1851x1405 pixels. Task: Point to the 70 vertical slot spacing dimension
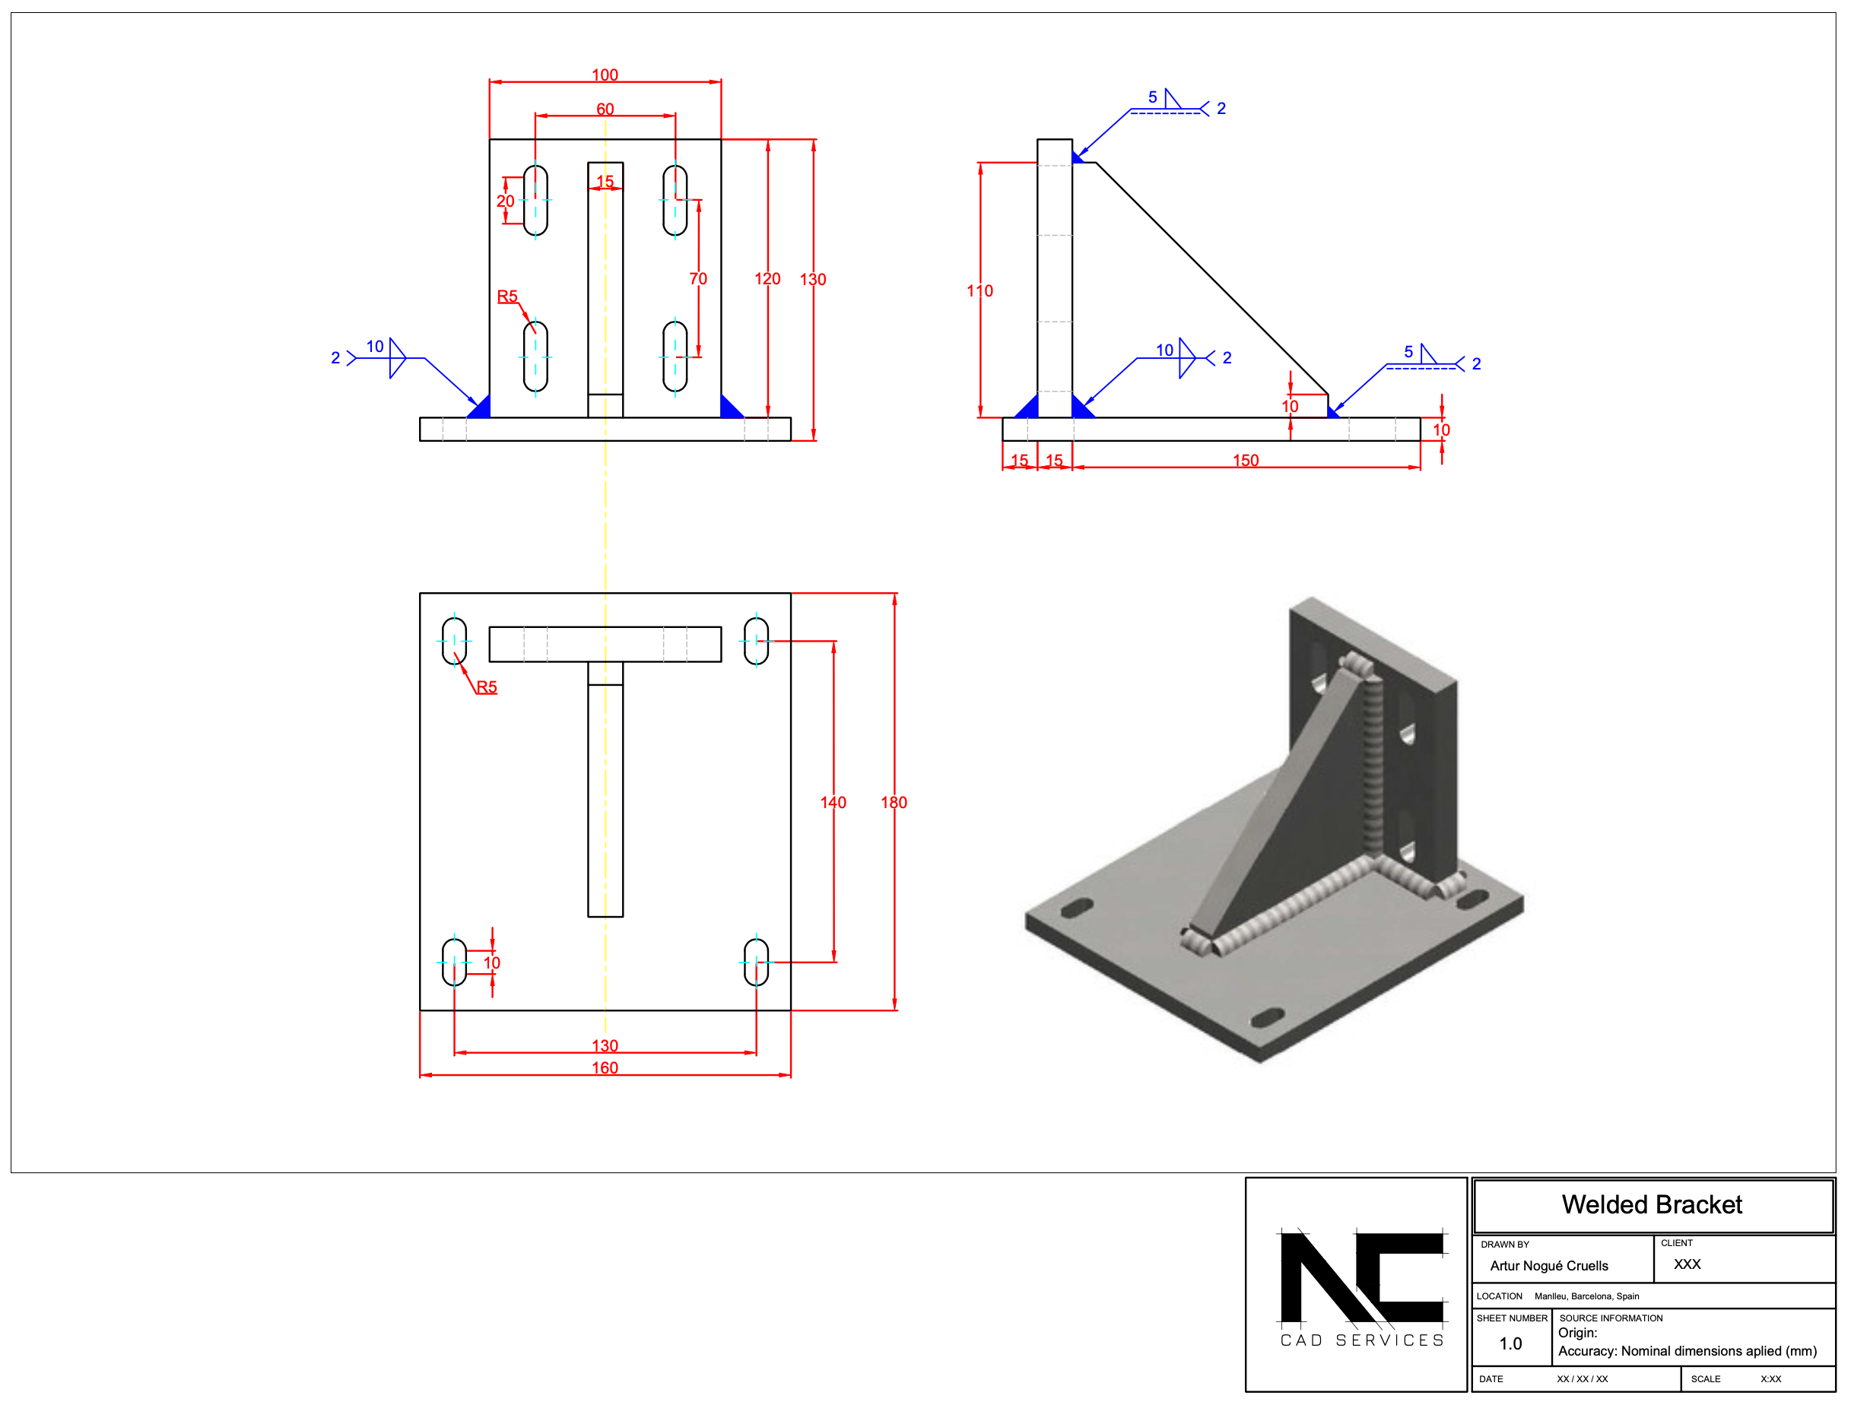point(698,279)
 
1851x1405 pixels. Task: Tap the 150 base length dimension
point(1245,460)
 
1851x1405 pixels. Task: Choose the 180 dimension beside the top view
point(893,803)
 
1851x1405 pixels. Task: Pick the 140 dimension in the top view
point(833,803)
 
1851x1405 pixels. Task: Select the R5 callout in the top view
point(486,687)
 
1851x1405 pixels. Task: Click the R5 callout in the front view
point(507,297)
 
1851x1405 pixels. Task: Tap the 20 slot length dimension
point(505,201)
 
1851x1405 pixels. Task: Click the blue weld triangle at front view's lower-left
point(481,408)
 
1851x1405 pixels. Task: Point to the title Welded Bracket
point(1651,1204)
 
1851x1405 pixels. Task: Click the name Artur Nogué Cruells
point(1548,1265)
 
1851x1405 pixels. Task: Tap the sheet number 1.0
point(1510,1343)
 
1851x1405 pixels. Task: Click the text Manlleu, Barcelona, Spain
point(1586,1296)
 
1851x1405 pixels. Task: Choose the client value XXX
point(1686,1264)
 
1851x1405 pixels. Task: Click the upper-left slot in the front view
point(535,200)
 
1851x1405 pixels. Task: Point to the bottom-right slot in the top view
point(756,962)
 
